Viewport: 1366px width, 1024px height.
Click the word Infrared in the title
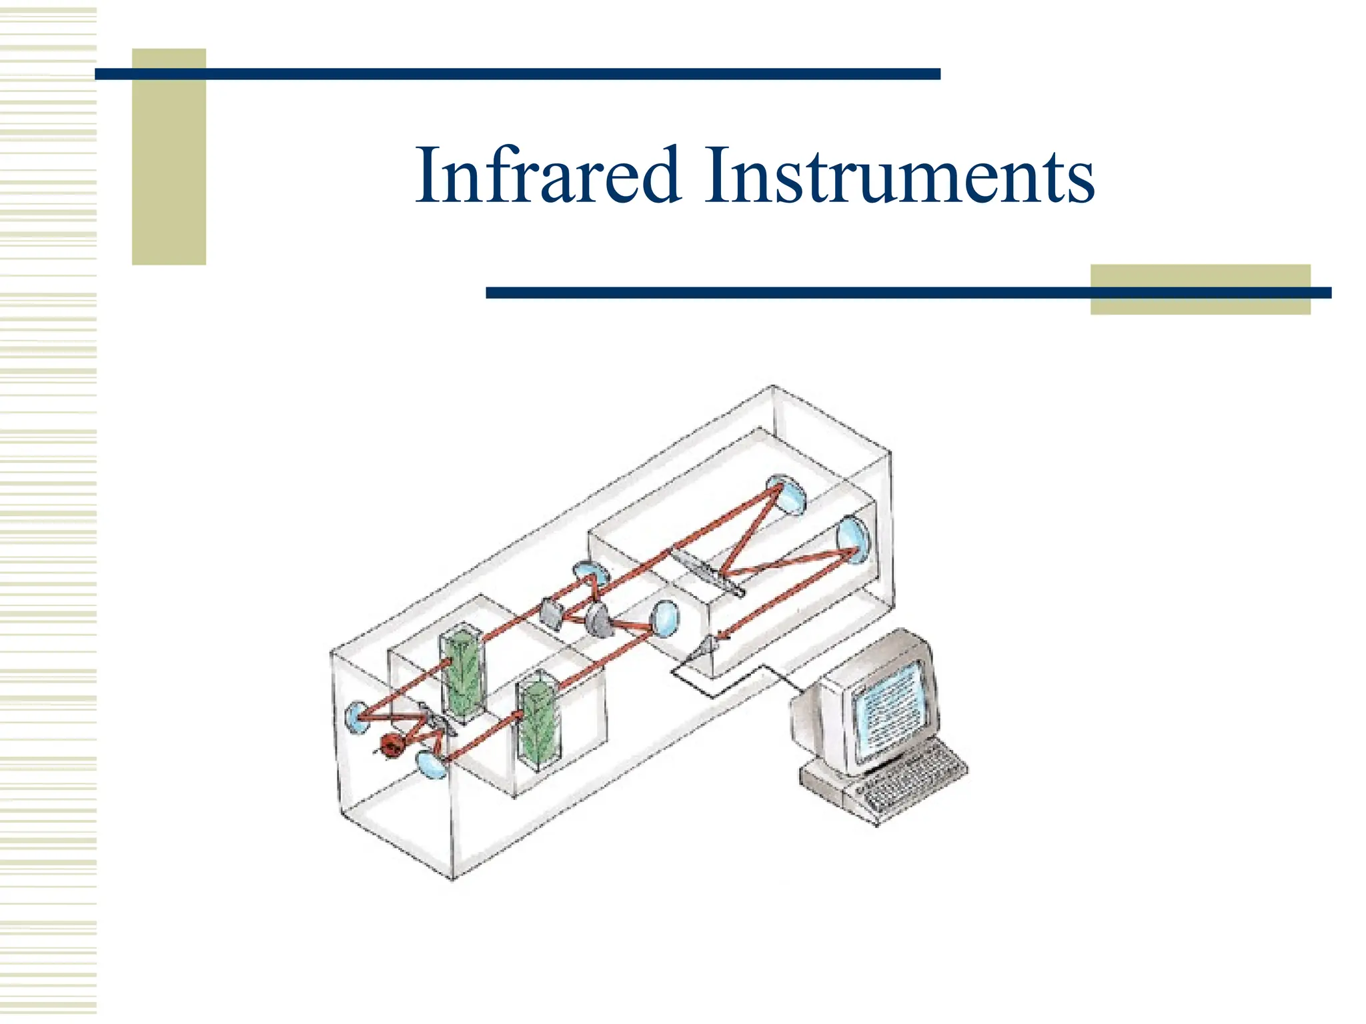point(547,175)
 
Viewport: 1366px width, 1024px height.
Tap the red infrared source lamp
point(391,745)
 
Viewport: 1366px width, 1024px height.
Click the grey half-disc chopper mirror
point(598,619)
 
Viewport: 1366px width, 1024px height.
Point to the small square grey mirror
point(551,613)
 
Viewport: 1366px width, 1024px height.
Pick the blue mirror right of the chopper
point(664,618)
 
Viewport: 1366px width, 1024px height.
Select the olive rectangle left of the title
point(169,157)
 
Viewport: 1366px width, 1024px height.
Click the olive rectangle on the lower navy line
point(1200,290)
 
